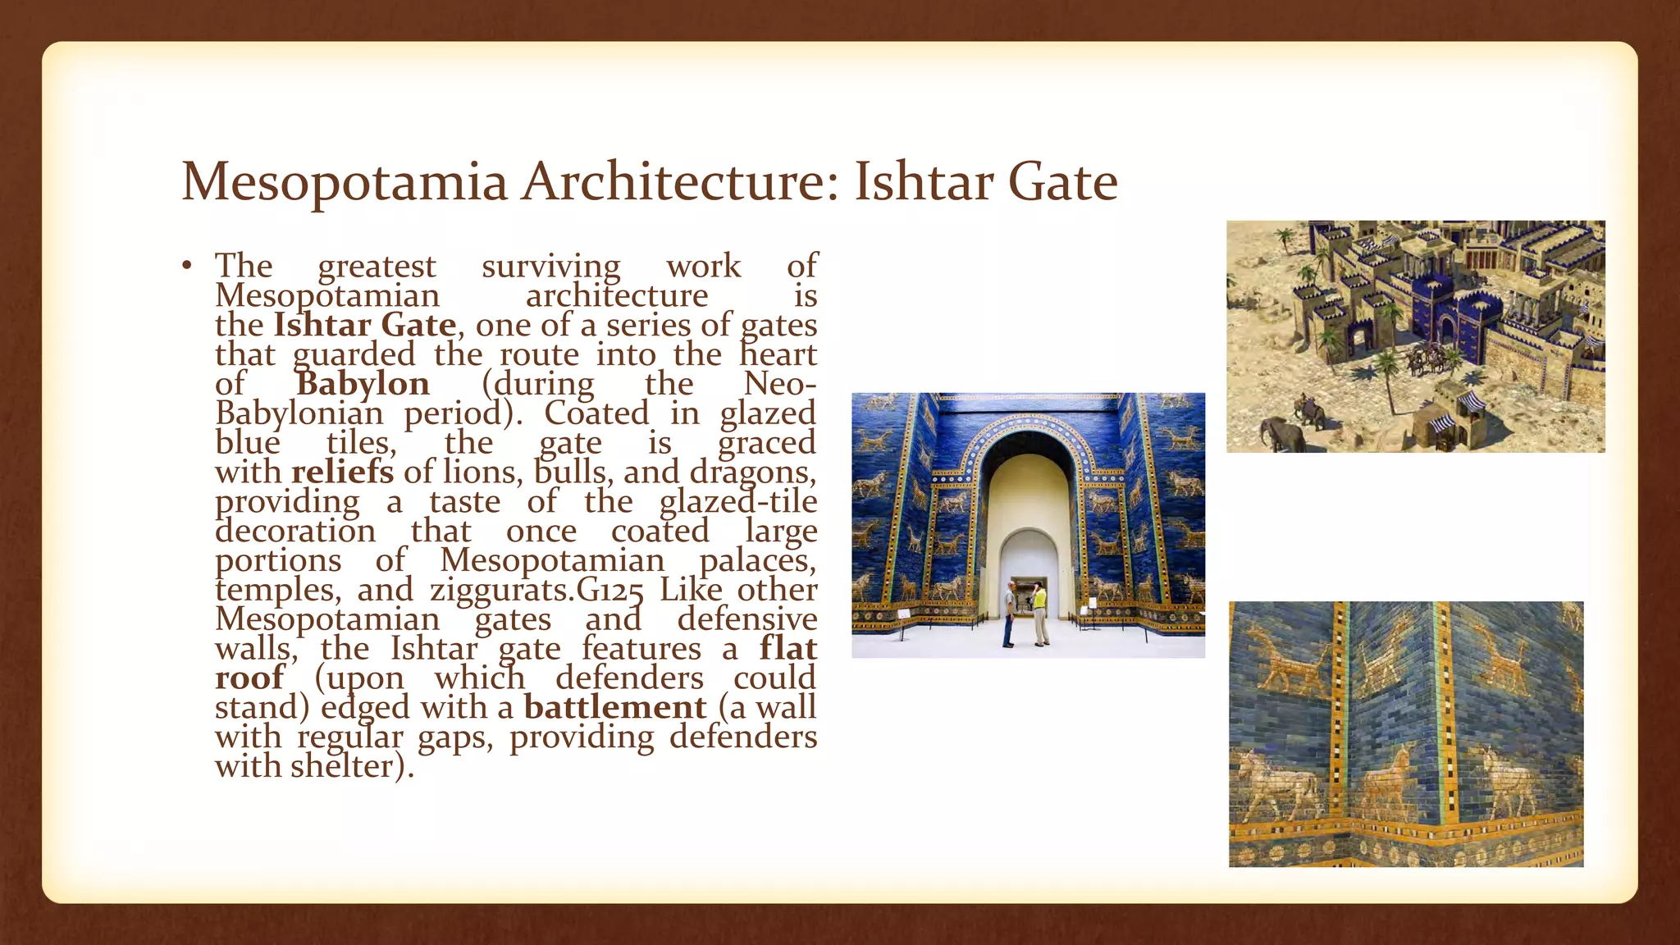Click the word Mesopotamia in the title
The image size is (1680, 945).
[x=344, y=182]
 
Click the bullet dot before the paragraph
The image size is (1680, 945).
[x=187, y=266]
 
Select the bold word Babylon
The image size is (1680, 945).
[x=363, y=384]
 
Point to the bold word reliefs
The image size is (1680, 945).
[x=342, y=472]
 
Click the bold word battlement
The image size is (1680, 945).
[x=614, y=707]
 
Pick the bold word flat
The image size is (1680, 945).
[x=787, y=648]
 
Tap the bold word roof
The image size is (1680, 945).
[x=249, y=678]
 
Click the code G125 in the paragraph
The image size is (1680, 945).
[x=610, y=591]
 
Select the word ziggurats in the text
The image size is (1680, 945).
[x=502, y=591]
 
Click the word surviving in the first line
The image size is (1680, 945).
[x=551, y=267]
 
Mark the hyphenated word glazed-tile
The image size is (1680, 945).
[x=737, y=502]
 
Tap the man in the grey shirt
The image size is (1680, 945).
[x=1009, y=614]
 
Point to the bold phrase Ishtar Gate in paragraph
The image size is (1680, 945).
[x=364, y=326]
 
